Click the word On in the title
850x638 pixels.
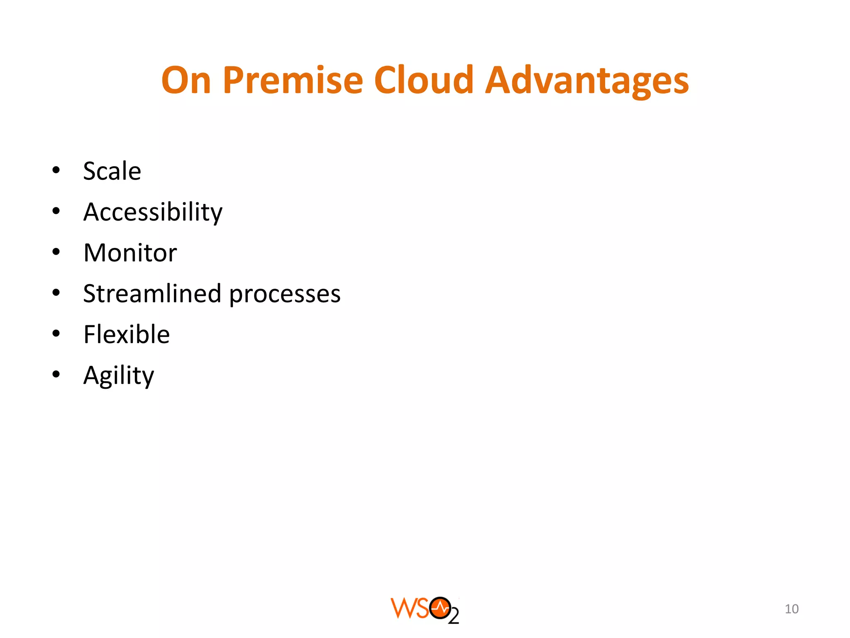186,80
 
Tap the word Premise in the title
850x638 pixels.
293,80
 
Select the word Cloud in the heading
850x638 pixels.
424,80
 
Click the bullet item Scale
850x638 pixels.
112,171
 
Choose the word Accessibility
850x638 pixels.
153,213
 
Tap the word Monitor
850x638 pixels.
130,253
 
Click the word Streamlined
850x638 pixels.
152,294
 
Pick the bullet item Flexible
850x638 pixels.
127,334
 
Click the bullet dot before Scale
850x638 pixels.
56,170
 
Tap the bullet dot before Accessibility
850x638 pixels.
56,211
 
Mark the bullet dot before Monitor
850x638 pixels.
56,252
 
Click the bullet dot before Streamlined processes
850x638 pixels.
56,293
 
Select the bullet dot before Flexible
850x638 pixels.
56,334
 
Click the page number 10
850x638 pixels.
791,609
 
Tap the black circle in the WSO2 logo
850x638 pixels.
440,609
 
